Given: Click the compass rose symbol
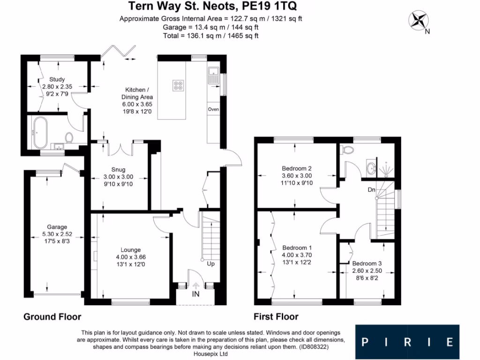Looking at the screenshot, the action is click(x=418, y=20).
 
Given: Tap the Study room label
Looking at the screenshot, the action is click(x=57, y=79).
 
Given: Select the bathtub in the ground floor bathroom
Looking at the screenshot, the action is click(x=40, y=133).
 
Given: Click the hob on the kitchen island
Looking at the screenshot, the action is click(x=178, y=85).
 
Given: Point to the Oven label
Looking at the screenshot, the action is click(x=213, y=109).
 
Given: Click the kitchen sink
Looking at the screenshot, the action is click(x=213, y=75).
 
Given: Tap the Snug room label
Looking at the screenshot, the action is click(x=118, y=170).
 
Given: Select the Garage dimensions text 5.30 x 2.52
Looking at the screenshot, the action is click(x=57, y=234).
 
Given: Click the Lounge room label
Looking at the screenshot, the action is click(x=130, y=250).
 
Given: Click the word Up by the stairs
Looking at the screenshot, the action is click(x=210, y=263).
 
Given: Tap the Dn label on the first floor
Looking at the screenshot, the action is click(x=371, y=190).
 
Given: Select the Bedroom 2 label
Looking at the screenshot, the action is click(x=297, y=168).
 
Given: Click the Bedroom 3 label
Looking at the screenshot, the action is click(x=367, y=263).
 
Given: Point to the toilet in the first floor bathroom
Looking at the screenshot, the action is click(x=347, y=150).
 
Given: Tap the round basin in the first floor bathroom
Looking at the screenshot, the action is click(x=371, y=168).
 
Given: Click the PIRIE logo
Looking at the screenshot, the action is click(x=407, y=342).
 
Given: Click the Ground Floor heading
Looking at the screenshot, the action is click(x=52, y=316).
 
